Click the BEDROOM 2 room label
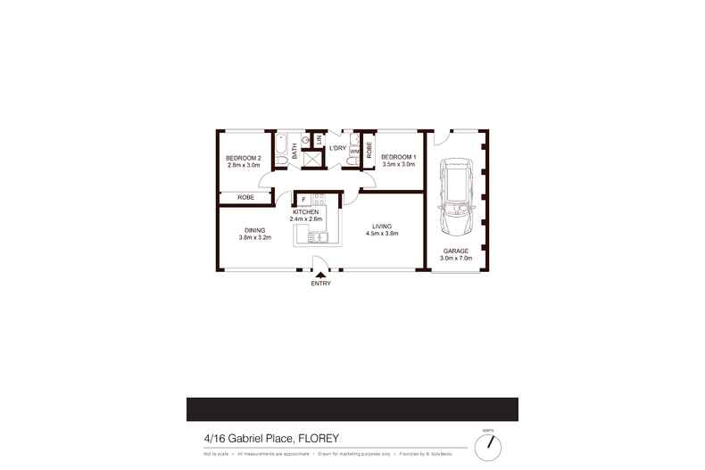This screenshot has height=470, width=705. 244,157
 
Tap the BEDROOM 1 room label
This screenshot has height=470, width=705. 399,157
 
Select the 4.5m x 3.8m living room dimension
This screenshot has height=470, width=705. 380,234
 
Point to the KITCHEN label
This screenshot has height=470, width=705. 305,211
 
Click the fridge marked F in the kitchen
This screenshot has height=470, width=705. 303,199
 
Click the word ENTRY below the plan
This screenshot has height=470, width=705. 320,284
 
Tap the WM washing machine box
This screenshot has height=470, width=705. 354,152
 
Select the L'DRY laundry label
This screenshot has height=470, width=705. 337,148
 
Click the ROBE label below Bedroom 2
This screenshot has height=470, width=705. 245,197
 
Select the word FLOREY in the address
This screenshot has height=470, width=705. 319,438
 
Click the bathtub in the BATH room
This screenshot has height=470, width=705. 280,148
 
